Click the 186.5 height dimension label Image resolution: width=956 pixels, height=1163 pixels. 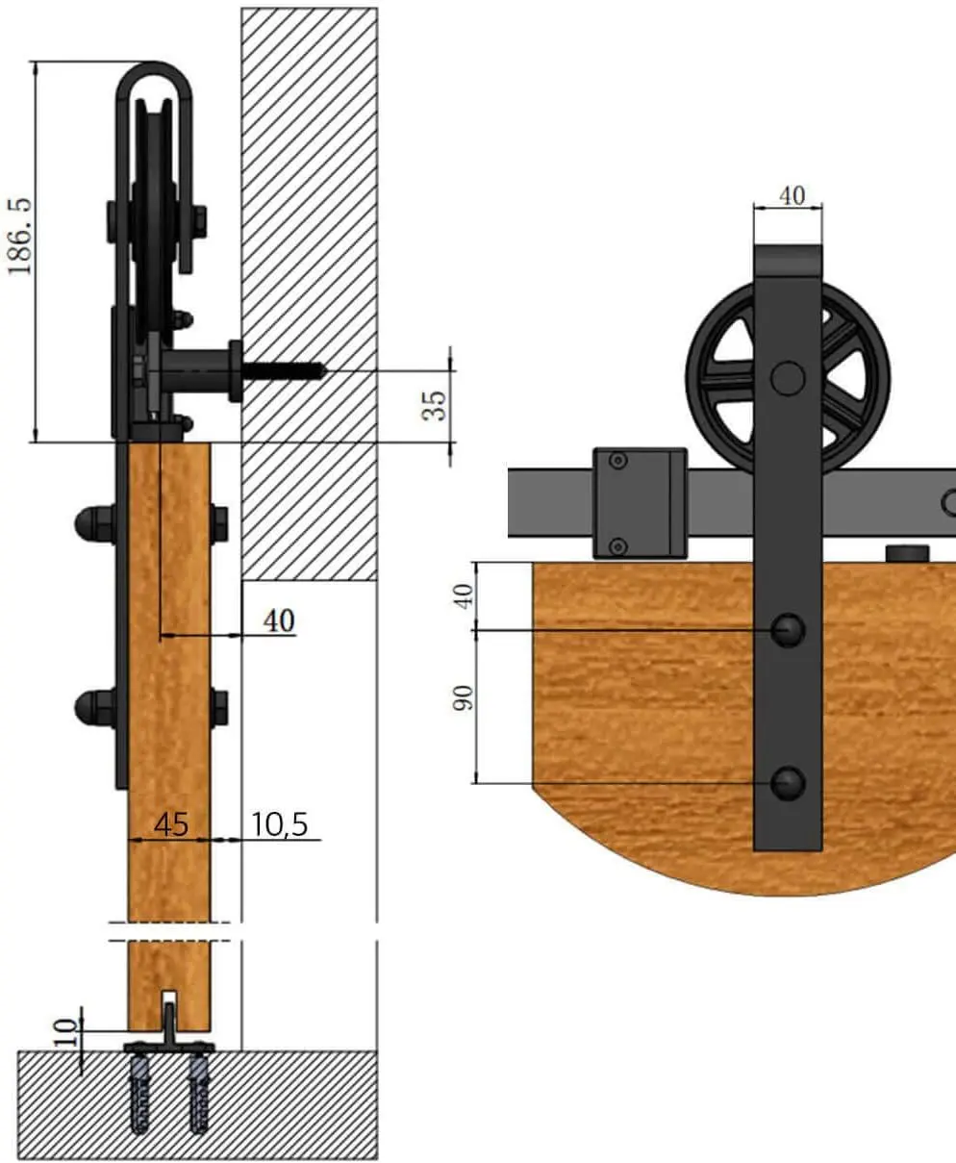click(x=20, y=236)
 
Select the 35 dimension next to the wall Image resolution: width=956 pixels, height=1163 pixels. click(x=436, y=404)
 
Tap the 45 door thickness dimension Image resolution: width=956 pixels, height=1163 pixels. click(x=170, y=824)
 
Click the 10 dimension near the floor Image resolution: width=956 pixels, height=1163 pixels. click(x=63, y=1031)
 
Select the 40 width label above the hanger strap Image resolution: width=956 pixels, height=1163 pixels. click(x=791, y=195)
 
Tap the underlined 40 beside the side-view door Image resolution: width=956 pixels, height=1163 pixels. click(x=279, y=621)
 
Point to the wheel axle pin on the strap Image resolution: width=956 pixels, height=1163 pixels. click(x=789, y=377)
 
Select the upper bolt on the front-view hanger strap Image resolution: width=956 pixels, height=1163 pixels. click(x=789, y=630)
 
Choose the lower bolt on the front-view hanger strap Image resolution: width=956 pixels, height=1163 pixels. click(x=789, y=783)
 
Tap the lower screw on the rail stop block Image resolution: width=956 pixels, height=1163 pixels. click(x=618, y=546)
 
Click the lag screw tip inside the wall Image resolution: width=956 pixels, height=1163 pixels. click(x=321, y=369)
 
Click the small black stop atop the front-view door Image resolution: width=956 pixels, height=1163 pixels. click(x=907, y=554)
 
